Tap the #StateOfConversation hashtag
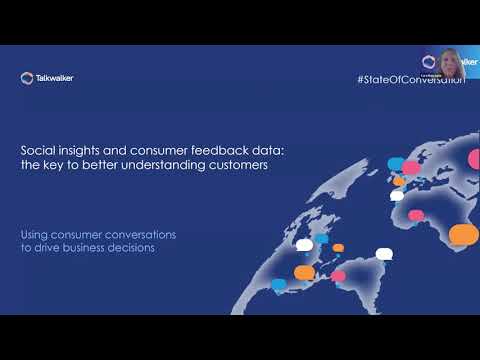click(x=410, y=79)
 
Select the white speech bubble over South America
click(x=383, y=254)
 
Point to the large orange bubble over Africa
click(x=463, y=234)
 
